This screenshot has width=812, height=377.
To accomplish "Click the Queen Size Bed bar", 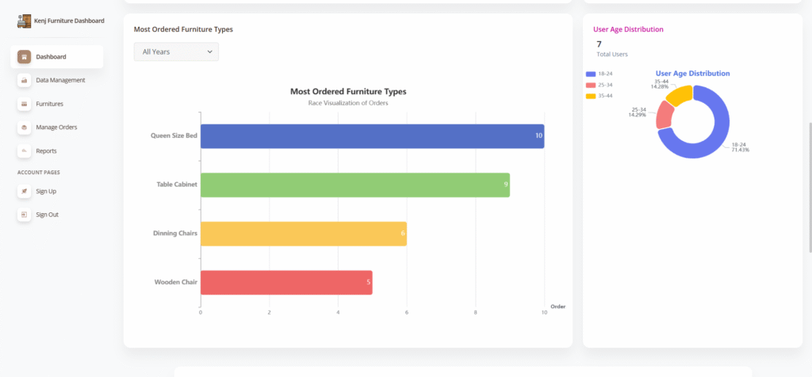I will coord(372,135).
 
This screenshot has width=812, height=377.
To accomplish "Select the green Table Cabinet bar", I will coord(354,185).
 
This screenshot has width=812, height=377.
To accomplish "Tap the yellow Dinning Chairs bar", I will coord(303,234).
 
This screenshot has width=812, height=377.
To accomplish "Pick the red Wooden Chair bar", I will coord(286,282).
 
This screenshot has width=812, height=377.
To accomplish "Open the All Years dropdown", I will coord(176,51).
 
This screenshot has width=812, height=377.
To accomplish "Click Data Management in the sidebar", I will coord(60,80).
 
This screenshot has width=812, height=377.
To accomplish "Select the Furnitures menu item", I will coord(49,104).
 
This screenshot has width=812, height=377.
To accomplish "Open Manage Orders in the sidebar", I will coord(56,127).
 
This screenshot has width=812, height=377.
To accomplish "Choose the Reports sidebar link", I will coord(46,150).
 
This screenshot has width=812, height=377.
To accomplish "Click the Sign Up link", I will coord(46,191).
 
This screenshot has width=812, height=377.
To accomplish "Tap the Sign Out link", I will coord(47,215).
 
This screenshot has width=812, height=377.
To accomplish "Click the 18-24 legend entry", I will coord(599,74).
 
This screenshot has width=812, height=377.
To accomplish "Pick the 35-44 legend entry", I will coord(599,96).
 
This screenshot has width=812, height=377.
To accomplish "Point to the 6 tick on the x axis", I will coord(407,312).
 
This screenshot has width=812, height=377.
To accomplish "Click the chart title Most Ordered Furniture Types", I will coord(348,91).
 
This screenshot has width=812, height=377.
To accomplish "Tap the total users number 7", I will coord(599,44).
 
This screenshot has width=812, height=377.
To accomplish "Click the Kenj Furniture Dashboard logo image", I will coord(25,21).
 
